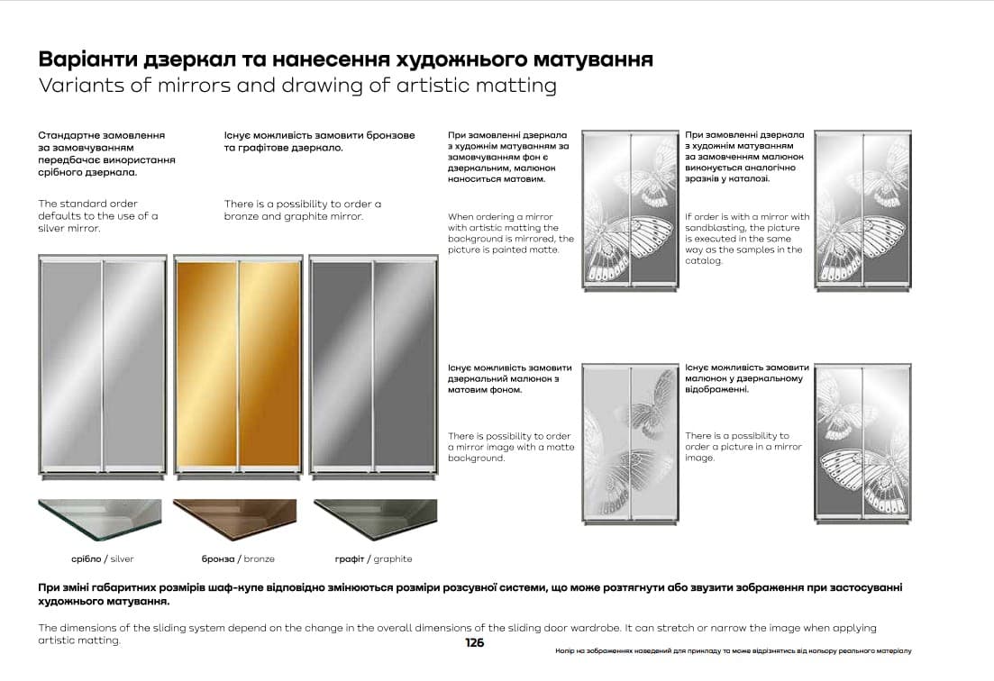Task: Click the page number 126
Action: click(474, 642)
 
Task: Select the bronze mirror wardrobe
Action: click(238, 364)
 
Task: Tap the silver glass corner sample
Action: click(100, 519)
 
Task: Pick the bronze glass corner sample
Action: click(234, 519)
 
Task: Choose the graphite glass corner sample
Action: click(375, 519)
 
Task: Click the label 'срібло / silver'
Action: click(102, 558)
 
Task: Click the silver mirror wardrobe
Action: click(103, 364)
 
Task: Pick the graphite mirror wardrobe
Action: click(372, 364)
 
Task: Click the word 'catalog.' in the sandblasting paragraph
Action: click(704, 261)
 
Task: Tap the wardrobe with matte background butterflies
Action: click(630, 442)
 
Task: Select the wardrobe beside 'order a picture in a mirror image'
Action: click(862, 442)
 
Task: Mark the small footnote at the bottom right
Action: click(733, 650)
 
